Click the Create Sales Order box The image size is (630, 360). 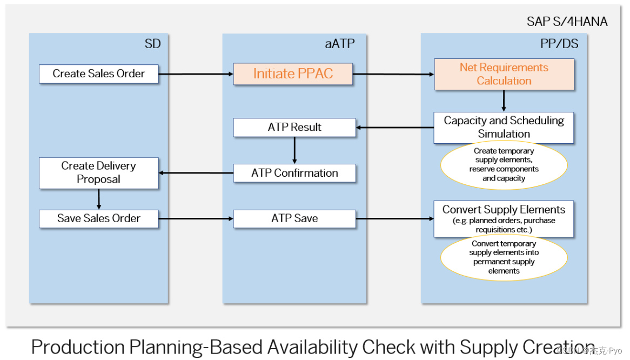[99, 74]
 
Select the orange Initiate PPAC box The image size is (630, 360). [293, 74]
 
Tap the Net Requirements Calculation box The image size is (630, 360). [504, 74]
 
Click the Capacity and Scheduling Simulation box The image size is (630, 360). [504, 128]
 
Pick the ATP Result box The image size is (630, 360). [294, 128]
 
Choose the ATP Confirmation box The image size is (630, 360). [294, 174]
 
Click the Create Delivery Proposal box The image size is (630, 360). [99, 173]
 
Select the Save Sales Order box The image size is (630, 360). [99, 219]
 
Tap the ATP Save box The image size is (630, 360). [294, 219]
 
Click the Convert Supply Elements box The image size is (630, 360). [504, 218]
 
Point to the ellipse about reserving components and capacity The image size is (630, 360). [504, 165]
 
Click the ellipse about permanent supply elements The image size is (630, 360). [504, 257]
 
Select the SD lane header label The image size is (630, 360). [153, 44]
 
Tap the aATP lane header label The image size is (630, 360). [340, 44]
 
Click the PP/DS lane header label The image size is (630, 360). [559, 44]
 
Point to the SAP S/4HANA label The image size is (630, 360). [567, 22]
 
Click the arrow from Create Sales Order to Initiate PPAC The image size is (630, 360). [196, 74]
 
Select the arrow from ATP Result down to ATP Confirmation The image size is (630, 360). [294, 150]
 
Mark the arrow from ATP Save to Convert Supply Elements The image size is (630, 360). [394, 219]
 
